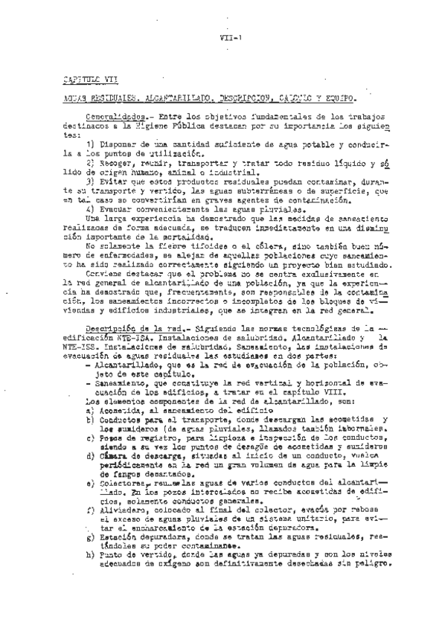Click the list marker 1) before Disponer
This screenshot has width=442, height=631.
click(90, 143)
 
